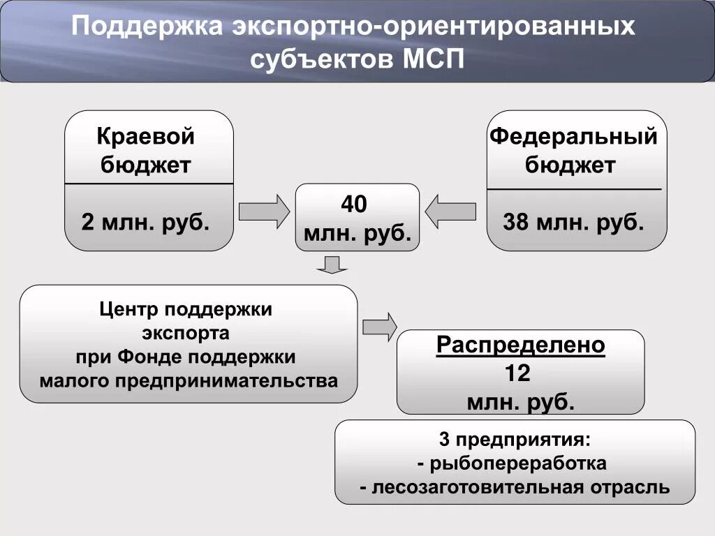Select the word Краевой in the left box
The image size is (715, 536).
pos(145,136)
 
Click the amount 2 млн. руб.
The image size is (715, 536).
pos(145,223)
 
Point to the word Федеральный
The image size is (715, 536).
pos(573,136)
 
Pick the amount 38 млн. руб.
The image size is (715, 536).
pos(573,223)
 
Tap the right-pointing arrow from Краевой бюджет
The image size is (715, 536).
pos(264,211)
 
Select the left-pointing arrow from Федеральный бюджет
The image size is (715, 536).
pos(450,211)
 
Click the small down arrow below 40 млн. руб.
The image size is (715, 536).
pos(332,265)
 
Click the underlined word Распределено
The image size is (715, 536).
pos(520,345)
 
